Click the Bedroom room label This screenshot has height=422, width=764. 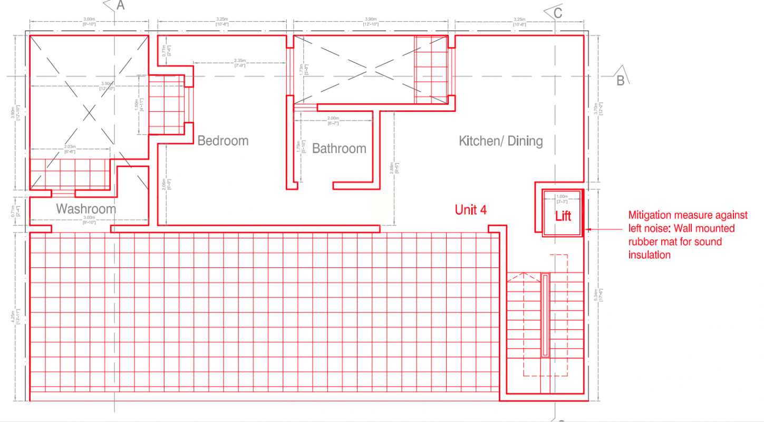223,141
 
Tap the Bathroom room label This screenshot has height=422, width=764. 339,149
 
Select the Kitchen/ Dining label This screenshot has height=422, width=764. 500,141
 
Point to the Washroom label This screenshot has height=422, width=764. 86,209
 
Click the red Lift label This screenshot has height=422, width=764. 563,216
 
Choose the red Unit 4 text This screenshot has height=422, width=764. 470,210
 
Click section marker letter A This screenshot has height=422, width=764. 120,6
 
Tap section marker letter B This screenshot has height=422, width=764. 620,81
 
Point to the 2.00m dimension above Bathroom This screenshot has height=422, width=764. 333,119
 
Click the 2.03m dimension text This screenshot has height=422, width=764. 70,148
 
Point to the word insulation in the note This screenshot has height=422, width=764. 650,255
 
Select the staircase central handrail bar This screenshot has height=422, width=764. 545,315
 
